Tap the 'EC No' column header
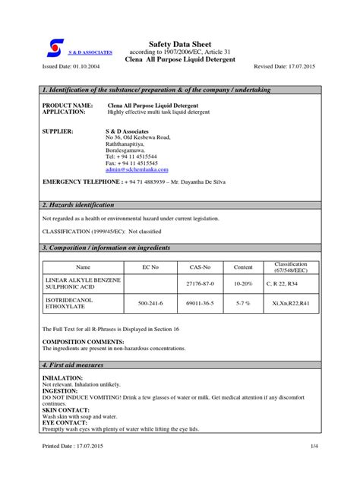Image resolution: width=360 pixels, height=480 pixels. coord(151,267)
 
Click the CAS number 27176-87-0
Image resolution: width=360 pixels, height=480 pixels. coord(199,283)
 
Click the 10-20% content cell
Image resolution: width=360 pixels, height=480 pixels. coord(242,283)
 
